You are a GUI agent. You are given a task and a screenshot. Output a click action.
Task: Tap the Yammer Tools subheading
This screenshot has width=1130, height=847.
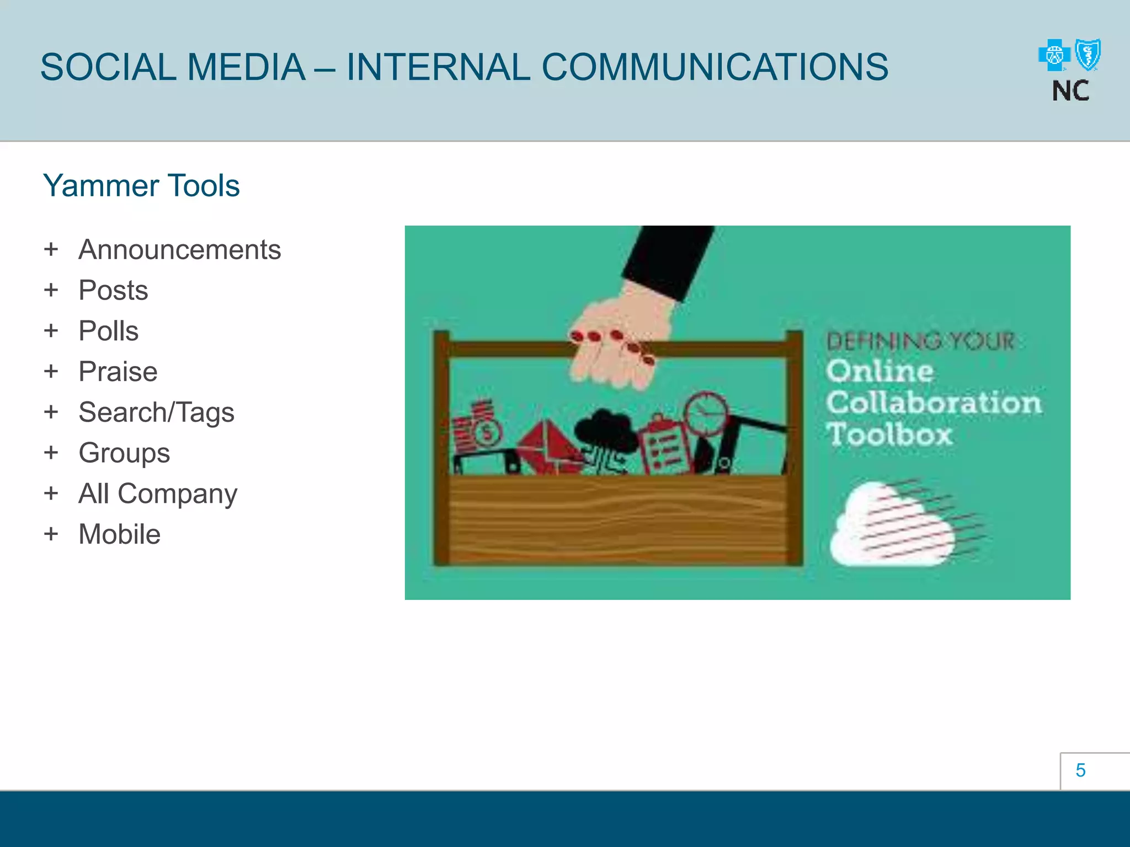click(141, 186)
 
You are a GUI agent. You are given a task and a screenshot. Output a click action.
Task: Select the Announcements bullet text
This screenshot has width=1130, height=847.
click(179, 250)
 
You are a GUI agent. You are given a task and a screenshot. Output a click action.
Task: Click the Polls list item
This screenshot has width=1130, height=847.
click(108, 331)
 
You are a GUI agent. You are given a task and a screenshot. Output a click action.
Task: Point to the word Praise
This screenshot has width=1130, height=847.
click(118, 372)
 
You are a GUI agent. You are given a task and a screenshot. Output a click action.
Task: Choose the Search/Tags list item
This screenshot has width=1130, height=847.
click(156, 412)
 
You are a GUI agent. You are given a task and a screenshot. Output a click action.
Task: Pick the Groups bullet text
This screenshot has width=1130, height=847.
click(124, 453)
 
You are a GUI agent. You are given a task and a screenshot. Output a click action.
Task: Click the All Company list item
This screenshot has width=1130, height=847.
click(158, 494)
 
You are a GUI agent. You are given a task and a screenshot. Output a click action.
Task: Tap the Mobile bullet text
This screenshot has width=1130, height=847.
click(119, 534)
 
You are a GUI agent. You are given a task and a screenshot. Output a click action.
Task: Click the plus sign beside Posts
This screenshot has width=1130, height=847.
click(51, 290)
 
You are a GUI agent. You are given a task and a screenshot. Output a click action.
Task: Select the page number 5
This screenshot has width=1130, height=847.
click(1080, 770)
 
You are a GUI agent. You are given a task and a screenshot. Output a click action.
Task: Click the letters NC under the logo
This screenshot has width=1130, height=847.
click(1070, 91)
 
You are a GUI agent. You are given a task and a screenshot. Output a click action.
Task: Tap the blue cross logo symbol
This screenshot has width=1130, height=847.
click(1054, 55)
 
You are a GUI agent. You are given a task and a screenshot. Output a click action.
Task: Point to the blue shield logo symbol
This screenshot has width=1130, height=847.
click(1089, 55)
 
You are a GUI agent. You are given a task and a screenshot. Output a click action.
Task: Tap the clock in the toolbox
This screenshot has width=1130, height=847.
click(706, 412)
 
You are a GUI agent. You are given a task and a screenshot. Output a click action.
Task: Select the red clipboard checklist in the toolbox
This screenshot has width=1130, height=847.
click(665, 446)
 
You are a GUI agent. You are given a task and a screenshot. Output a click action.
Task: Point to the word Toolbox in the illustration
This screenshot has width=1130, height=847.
click(889, 435)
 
